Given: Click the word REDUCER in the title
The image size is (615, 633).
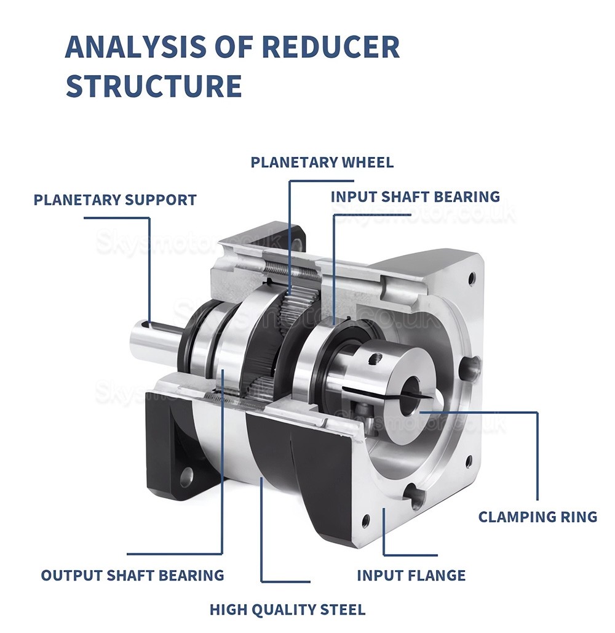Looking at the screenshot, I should [330, 47].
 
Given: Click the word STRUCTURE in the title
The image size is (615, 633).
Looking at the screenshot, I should [153, 86].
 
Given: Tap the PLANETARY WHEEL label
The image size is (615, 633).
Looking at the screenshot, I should [322, 163].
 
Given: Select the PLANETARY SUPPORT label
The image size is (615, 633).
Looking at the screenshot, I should [115, 200].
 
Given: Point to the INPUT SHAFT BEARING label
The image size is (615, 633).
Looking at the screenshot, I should [415, 197].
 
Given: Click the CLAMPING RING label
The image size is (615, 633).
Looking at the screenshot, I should [538, 517].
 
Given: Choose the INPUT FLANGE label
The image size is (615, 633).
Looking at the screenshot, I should [411, 576].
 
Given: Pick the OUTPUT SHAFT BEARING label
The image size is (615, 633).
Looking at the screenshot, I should [132, 576].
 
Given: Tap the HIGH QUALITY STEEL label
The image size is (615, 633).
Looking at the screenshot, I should [287, 610].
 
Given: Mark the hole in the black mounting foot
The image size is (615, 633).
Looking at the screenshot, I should [185, 475].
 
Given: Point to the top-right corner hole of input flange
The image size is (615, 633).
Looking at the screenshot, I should [472, 278].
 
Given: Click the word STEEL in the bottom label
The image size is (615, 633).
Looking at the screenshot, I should [343, 610].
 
